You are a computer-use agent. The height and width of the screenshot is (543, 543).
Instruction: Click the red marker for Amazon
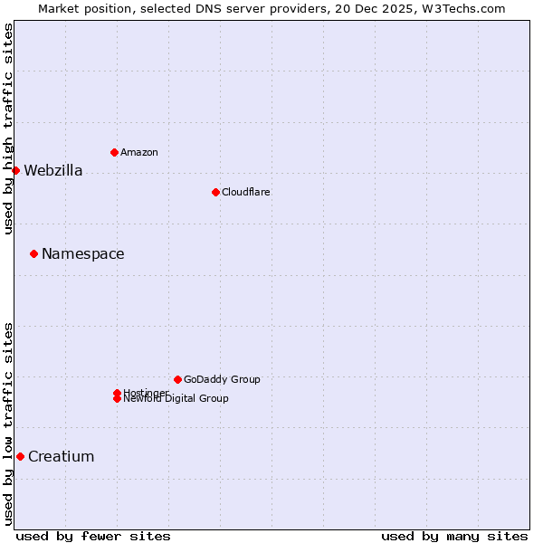[x=114, y=152]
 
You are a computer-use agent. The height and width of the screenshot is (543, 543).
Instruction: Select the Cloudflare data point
[x=215, y=192]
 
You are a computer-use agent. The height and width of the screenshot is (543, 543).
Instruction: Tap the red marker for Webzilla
[x=15, y=170]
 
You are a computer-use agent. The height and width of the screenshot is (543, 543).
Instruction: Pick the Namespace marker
[x=33, y=253]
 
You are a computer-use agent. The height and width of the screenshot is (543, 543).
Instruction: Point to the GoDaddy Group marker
[x=177, y=379]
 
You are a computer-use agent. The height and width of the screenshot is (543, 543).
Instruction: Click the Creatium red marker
[x=20, y=456]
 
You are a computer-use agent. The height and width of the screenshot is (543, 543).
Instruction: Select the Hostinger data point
[x=117, y=393]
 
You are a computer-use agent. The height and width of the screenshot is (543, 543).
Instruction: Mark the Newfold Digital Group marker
[x=117, y=399]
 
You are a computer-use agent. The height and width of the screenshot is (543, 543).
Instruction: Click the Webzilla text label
[x=52, y=171]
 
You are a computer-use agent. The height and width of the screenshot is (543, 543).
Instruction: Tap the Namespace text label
[x=82, y=254]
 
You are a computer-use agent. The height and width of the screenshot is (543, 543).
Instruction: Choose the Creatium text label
[x=61, y=457]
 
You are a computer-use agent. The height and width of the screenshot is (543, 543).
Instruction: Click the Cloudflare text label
[x=245, y=193]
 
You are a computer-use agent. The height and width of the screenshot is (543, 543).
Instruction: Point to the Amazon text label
[x=138, y=153]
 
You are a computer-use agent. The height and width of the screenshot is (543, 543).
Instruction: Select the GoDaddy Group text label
[x=222, y=380]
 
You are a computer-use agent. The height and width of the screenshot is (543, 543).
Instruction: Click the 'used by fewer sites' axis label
[x=93, y=536]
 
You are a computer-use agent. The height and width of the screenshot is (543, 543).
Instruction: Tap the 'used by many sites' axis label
[x=454, y=536]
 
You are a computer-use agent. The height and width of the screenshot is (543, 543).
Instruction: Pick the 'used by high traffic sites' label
[x=9, y=129]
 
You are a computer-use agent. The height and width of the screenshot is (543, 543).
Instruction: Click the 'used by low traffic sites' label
[x=9, y=423]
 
